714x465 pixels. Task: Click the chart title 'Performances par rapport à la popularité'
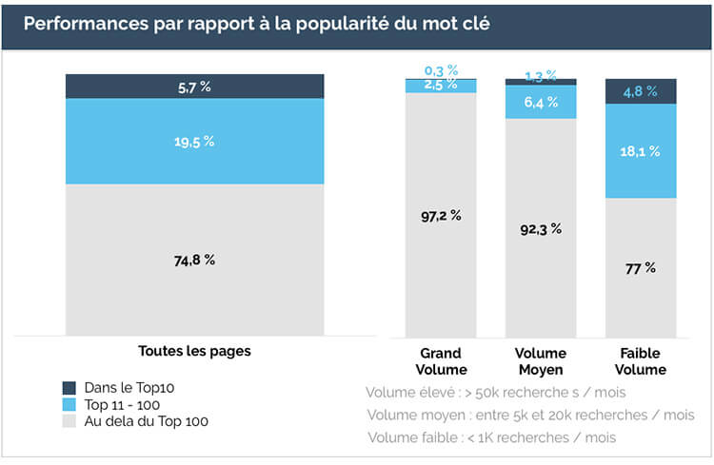tap(256, 24)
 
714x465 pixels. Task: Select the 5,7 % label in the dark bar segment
tap(194, 87)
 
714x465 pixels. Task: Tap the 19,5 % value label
tap(194, 141)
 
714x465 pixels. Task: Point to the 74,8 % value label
tap(194, 260)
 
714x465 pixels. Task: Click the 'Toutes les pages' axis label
tap(194, 351)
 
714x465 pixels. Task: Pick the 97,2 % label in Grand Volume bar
tap(441, 216)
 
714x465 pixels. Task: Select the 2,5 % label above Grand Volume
tap(441, 87)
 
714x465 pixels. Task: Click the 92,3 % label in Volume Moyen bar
tap(542, 229)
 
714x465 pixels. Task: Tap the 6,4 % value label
tap(542, 102)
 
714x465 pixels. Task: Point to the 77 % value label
tap(642, 268)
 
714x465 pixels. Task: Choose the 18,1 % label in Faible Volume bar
tap(642, 151)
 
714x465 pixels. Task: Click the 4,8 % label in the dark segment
tap(642, 92)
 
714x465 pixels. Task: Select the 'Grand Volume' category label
tap(441, 361)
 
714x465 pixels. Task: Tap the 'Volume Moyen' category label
tap(542, 361)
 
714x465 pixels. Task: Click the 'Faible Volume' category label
tap(642, 361)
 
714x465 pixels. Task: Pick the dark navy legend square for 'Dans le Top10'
tap(69, 388)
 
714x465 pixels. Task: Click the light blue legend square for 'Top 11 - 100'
tap(69, 404)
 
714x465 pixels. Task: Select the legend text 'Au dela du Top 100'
tap(147, 421)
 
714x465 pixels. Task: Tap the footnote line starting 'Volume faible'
tap(491, 437)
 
